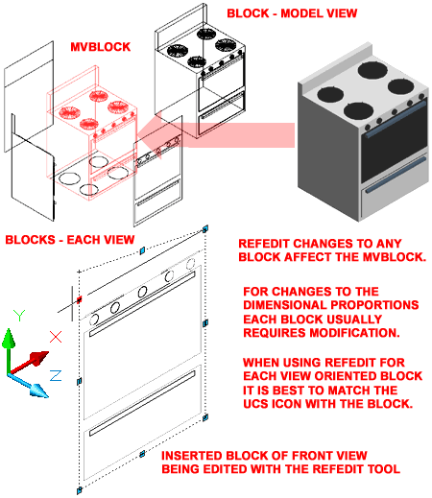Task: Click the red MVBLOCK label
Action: pyautogui.click(x=101, y=47)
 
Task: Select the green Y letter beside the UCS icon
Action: pyautogui.click(x=19, y=315)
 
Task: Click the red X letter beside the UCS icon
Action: pyautogui.click(x=56, y=337)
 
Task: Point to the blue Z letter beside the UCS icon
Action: pyautogui.click(x=56, y=375)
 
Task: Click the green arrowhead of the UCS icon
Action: pyautogui.click(x=9, y=339)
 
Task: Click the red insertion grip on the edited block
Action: pyautogui.click(x=80, y=299)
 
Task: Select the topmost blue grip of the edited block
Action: pyautogui.click(x=205, y=229)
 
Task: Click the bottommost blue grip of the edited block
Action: pyautogui.click(x=79, y=490)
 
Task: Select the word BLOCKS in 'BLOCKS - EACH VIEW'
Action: pyautogui.click(x=30, y=240)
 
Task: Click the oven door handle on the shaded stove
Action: pyautogui.click(x=396, y=119)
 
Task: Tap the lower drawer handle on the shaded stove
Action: pyautogui.click(x=396, y=176)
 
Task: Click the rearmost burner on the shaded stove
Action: pyautogui.click(x=372, y=70)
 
